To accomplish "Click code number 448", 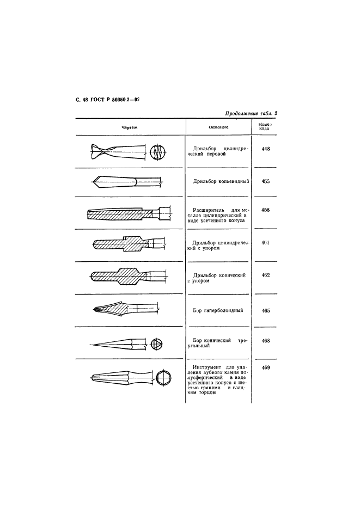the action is pos(266,149).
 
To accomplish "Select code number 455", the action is pos(266,181).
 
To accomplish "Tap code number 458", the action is pos(266,210).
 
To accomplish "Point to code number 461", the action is pos(266,242).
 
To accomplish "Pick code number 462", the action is pos(266,275).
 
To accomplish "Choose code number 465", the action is pos(266,311).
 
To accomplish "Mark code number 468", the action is pos(266,341).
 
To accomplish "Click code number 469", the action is pos(266,368).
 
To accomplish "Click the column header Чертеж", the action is pos(130,127).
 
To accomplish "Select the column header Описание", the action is pos(218,127).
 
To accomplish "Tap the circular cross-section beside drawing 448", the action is pos(158,151).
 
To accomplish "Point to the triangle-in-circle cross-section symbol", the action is pos(157,344).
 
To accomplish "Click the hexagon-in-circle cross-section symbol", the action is pos(163,378).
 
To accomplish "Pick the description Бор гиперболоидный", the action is pos(218,311).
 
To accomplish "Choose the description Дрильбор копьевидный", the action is pos(221,181).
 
